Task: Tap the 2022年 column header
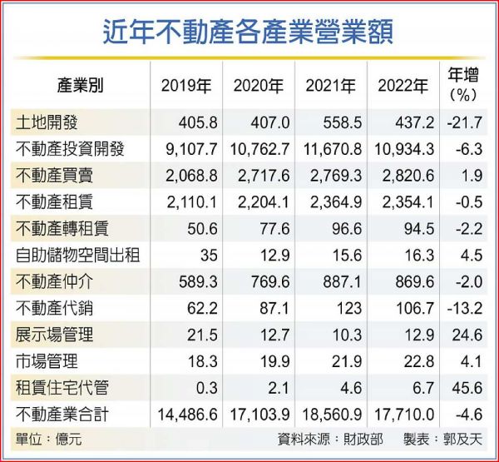403,85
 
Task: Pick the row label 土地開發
47,123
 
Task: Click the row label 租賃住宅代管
62,388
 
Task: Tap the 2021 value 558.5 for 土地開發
341,123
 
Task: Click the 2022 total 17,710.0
406,415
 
